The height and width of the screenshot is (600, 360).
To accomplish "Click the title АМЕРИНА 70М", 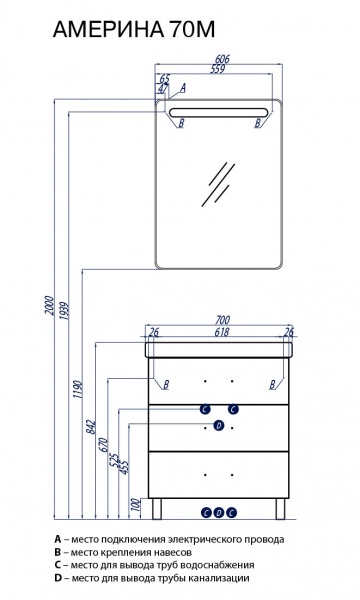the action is [x=134, y=29].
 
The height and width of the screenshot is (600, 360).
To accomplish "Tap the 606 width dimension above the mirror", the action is [x=222, y=59].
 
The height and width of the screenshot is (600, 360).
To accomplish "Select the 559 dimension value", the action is [x=218, y=69].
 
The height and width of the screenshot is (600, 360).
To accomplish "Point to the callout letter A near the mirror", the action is [x=183, y=88].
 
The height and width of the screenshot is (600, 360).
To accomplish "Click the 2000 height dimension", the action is [x=49, y=305].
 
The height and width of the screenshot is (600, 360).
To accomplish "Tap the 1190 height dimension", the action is [x=78, y=389].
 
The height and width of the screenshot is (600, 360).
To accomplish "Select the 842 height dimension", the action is [x=91, y=427].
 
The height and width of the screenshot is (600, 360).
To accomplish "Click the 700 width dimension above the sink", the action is [x=222, y=320].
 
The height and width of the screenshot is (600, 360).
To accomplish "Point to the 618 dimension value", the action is [x=222, y=332].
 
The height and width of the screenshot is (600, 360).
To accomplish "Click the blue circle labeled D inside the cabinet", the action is [x=219, y=426].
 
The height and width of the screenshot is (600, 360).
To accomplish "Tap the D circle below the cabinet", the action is [x=218, y=512].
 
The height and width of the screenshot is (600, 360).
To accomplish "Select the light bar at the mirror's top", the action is [x=218, y=112].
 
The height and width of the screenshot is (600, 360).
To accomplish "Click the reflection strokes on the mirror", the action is [x=218, y=184].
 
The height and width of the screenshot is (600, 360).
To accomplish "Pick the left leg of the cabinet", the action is [x=157, y=509].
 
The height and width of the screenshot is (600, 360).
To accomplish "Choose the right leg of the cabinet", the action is [x=280, y=509].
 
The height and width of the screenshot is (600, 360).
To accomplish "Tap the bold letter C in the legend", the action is [x=58, y=565].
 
